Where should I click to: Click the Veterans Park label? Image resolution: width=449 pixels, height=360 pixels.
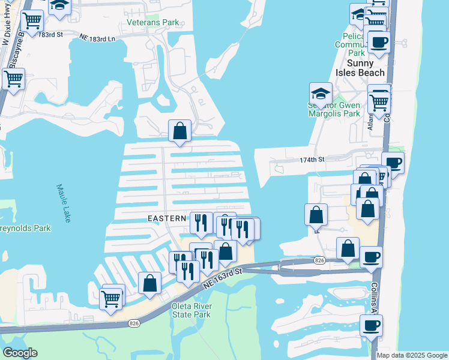(x=153, y=23)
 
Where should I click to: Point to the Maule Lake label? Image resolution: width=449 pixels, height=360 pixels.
(x=64, y=203)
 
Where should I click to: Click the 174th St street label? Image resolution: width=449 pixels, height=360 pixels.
(x=312, y=160)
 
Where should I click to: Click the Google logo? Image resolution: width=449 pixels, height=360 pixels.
(x=20, y=353)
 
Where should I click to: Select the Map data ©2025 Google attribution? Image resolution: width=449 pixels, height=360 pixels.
(x=412, y=355)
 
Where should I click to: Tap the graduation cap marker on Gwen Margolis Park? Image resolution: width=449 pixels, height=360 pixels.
(x=321, y=94)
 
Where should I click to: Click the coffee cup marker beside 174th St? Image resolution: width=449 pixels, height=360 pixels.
(x=393, y=163)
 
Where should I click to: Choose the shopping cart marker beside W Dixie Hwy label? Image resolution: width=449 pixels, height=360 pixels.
(x=32, y=21)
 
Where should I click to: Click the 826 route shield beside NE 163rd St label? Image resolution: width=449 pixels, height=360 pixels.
(x=319, y=260)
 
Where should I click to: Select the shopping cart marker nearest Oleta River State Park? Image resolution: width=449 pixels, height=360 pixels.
(x=112, y=298)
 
